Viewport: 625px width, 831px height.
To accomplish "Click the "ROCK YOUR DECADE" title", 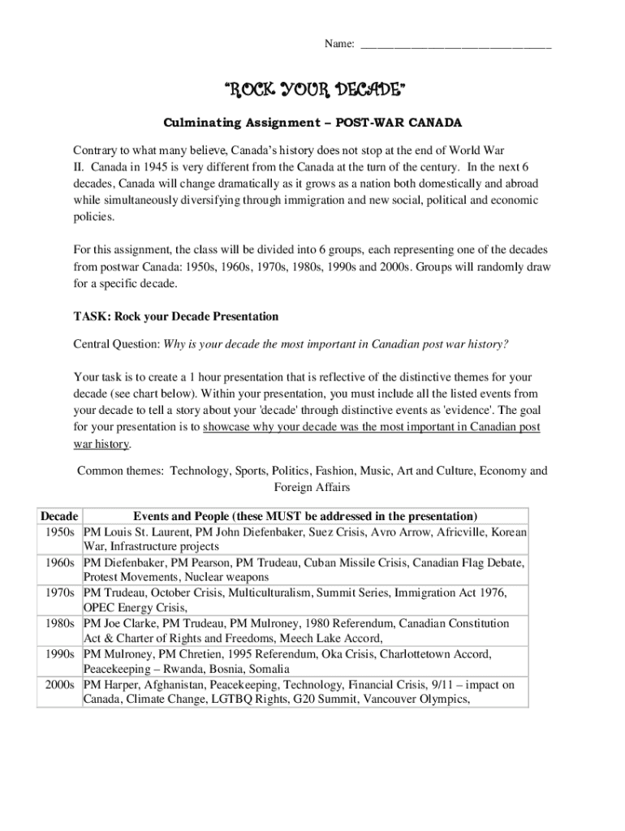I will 312,89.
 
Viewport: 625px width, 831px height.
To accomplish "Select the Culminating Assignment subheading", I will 312,123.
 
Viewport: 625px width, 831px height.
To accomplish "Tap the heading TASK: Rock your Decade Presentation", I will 176,316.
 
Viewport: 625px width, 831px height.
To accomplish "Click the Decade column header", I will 59,516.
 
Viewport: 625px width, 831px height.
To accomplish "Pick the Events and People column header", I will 305,516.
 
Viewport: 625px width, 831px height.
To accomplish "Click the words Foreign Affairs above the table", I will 312,487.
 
